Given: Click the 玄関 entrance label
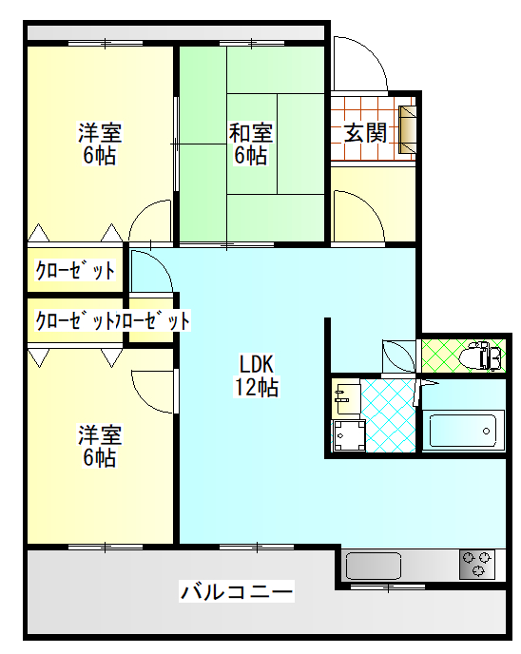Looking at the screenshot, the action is [365, 133].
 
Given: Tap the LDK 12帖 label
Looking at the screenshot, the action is [256, 375].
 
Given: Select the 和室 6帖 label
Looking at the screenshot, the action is [251, 144].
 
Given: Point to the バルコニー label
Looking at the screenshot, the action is [237, 591].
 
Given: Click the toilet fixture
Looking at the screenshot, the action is [480, 356].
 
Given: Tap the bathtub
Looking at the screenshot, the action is [463, 431].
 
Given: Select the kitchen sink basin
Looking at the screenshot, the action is [374, 566].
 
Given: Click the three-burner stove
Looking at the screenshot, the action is [477, 565].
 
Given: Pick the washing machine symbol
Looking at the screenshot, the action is [349, 436].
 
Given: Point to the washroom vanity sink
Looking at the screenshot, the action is [346, 398].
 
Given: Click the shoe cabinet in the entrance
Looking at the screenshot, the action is [408, 129].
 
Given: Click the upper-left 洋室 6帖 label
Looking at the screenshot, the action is [100, 144].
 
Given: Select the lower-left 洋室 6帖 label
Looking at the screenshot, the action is [100, 446].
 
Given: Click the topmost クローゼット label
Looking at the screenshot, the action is [75, 270].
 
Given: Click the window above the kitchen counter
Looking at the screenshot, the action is [388, 587].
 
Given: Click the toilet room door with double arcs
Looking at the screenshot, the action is [399, 356].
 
